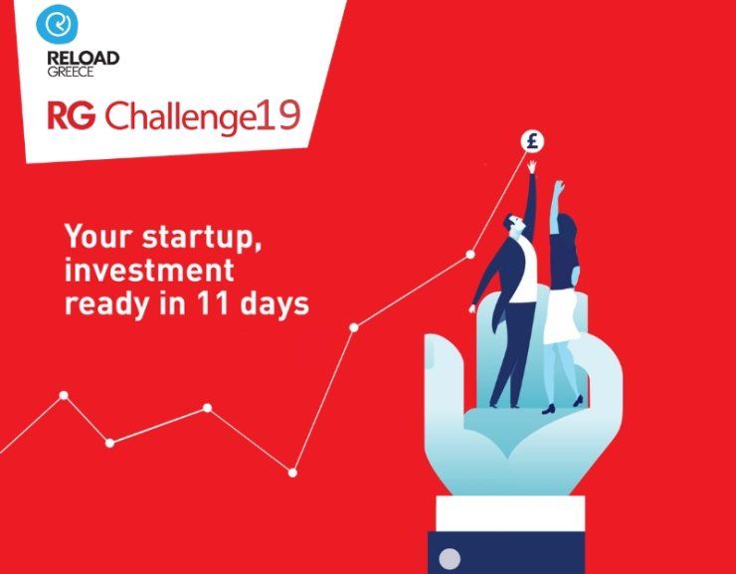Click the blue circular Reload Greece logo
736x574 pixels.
[x=57, y=25]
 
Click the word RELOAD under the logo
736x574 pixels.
[x=84, y=59]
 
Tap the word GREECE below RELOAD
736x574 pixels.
[x=71, y=72]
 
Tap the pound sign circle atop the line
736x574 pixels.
[x=532, y=141]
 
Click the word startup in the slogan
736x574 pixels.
[x=202, y=238]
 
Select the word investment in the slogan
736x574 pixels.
[x=149, y=270]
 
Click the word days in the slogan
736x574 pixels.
[x=275, y=306]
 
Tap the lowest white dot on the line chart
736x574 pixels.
[x=292, y=473]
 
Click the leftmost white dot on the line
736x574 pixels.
[x=64, y=395]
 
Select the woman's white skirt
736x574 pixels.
[x=561, y=315]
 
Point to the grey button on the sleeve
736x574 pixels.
[x=450, y=558]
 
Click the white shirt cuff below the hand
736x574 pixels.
[x=510, y=513]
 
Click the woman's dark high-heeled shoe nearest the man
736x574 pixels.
[x=549, y=409]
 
